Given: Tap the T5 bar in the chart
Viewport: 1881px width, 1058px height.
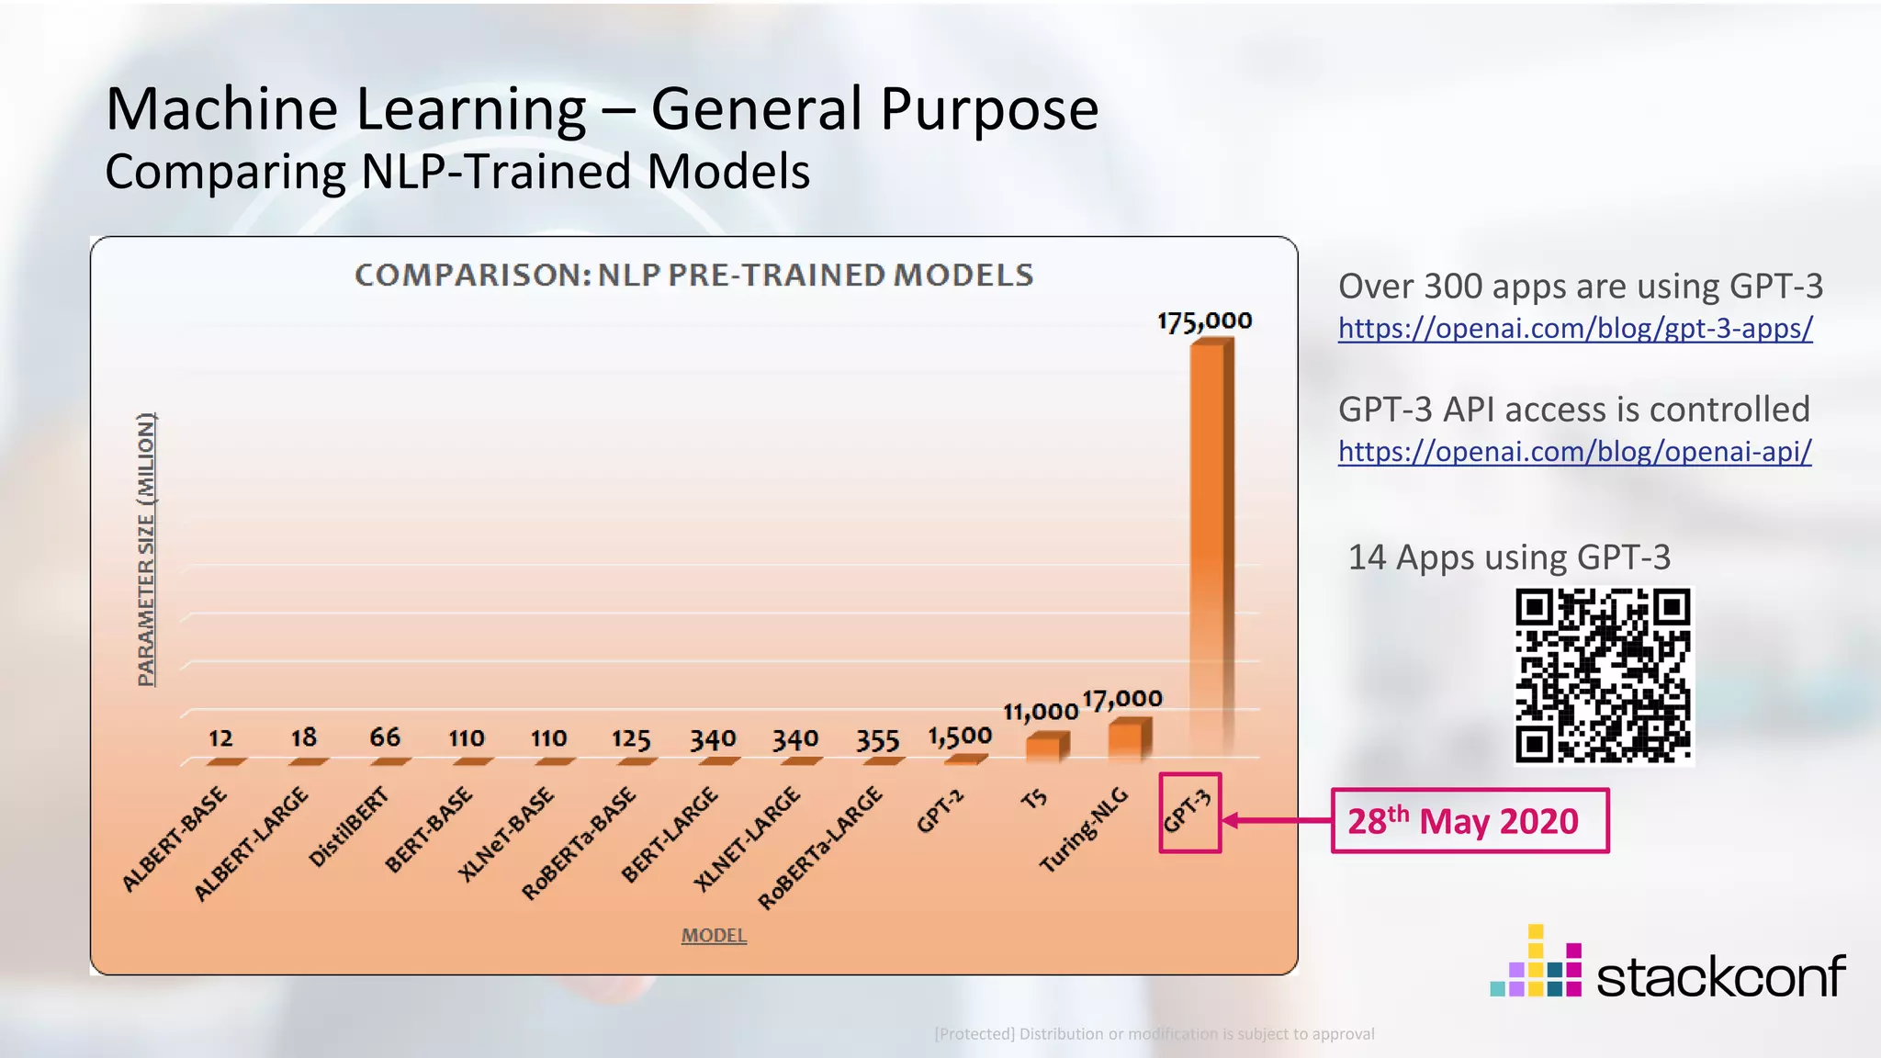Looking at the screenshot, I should tap(1046, 747).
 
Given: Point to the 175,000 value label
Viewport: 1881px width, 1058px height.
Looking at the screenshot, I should tap(1204, 321).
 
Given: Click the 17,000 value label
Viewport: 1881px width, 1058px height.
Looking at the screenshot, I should tap(1122, 699).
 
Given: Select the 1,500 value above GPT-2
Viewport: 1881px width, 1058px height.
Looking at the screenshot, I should tap(960, 737).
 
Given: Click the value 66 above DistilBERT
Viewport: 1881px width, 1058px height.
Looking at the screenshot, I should tap(385, 737).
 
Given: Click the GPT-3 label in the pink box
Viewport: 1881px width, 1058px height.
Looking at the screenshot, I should tap(1188, 813).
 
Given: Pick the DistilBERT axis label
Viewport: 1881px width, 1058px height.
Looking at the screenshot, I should tap(349, 827).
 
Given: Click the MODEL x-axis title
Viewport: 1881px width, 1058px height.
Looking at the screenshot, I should tap(714, 935).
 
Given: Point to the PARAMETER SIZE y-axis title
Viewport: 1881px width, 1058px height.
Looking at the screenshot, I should tap(146, 549).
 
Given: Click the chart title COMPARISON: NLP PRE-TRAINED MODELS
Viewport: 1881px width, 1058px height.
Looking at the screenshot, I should tap(694, 275).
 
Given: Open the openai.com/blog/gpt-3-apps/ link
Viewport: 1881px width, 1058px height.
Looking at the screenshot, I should tap(1575, 328).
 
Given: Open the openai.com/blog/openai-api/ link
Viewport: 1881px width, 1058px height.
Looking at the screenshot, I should tap(1574, 451).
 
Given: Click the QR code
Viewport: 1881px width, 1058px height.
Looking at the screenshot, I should tap(1603, 676).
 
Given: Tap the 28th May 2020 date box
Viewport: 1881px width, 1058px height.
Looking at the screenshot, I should tap(1469, 820).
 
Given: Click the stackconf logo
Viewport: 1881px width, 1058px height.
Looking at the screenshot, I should tap(1668, 965).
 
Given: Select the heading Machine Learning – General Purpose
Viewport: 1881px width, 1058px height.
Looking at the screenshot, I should tap(603, 109).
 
